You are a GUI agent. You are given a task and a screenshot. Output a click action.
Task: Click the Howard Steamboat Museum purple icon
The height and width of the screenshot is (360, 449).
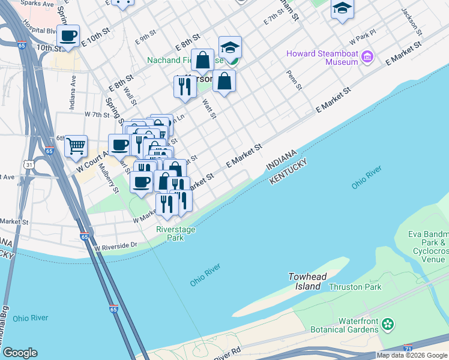click(x=367, y=58)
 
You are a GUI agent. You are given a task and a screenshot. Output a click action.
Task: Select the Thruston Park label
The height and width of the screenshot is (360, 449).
click(x=355, y=287)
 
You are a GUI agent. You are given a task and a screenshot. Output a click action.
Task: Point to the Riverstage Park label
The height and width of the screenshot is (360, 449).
click(x=170, y=233)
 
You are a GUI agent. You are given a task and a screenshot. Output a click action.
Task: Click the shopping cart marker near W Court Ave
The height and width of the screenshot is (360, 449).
click(x=76, y=146)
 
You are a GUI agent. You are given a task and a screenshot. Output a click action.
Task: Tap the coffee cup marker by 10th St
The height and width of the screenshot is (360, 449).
click(x=68, y=35)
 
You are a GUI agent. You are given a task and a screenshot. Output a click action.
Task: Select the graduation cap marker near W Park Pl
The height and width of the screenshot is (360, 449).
click(x=342, y=8)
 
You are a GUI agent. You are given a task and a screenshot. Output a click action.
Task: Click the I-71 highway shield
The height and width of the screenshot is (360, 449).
click(x=408, y=348)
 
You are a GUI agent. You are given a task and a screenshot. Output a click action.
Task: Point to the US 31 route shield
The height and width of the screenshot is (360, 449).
click(x=29, y=164)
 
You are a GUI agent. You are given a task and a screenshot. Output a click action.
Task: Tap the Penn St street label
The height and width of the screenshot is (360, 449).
click(x=294, y=80)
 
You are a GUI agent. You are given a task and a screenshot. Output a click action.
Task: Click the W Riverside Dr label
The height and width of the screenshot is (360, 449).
click(x=116, y=246)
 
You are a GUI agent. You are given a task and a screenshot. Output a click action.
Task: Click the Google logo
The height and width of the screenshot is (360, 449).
click(x=20, y=353)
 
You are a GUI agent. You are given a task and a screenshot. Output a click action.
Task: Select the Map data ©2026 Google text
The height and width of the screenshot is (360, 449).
click(x=412, y=356)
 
